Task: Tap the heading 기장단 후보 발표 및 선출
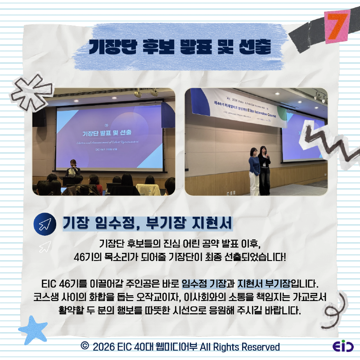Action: click(180, 46)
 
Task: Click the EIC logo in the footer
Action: click(343, 347)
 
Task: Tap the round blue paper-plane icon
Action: click(45, 224)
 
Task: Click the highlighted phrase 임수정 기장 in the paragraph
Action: click(205, 284)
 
